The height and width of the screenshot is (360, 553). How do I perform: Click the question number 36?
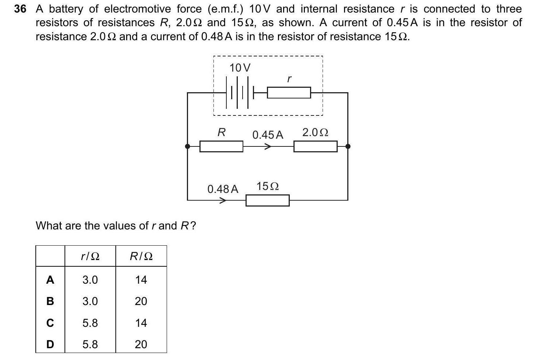coord(20,9)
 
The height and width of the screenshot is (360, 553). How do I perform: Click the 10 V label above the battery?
coord(240,68)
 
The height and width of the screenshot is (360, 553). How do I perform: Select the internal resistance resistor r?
coord(289,93)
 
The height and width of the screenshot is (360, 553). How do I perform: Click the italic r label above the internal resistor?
coord(289,78)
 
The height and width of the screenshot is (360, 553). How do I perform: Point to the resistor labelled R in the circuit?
coord(221,146)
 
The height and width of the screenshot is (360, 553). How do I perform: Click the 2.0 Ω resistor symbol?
coord(315,146)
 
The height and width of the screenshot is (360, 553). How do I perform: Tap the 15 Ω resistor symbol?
coord(267,200)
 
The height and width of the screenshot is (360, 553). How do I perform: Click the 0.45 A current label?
coord(268,135)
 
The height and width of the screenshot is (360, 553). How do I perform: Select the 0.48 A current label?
coord(223,189)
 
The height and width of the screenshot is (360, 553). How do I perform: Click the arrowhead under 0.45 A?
coord(268,146)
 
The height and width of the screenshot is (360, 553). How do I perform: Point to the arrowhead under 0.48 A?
coord(223,201)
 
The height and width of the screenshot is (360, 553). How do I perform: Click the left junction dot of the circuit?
coord(188,146)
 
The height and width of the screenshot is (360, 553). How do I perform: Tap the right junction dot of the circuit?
coord(347,146)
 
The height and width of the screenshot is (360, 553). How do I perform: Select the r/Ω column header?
coord(90,256)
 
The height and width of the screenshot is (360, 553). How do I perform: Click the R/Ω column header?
coord(141,256)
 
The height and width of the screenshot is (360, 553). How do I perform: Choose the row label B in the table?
coord(50,301)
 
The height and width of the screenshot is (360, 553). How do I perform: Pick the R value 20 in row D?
coord(141,344)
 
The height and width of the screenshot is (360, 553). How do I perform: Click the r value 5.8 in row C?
coord(90,323)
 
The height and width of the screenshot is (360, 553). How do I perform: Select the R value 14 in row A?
coord(141,280)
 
